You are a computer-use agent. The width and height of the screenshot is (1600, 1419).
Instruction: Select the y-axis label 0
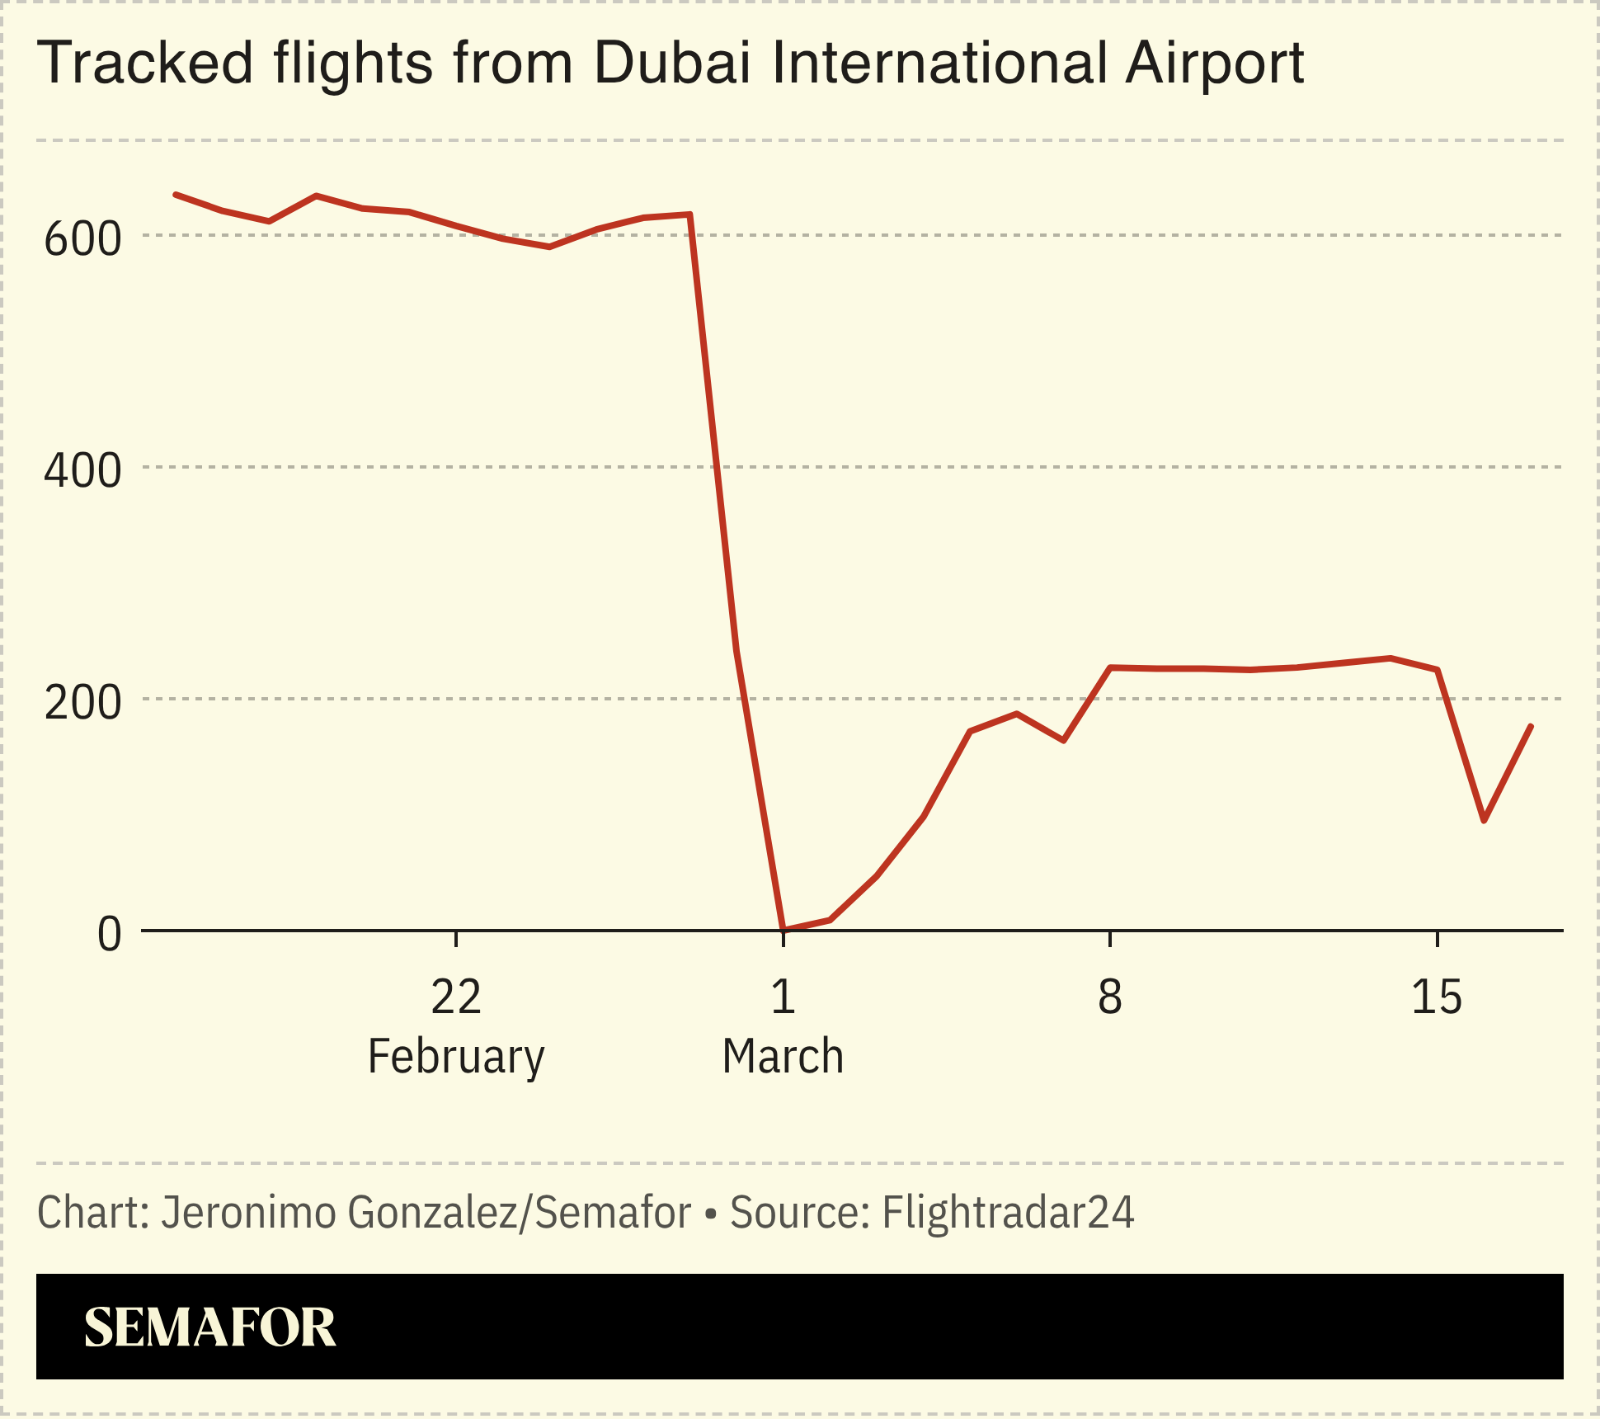(109, 936)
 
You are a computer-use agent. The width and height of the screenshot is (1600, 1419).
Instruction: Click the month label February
(455, 1056)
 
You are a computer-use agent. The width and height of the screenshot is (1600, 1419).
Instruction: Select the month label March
(783, 1056)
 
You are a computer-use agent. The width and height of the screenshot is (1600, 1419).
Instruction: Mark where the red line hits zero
(783, 930)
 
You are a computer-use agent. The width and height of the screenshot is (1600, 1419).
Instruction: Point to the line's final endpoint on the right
(1531, 726)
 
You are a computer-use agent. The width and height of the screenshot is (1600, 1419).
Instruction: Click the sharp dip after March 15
(1484, 821)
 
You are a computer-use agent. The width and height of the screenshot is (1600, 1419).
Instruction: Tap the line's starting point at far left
(175, 195)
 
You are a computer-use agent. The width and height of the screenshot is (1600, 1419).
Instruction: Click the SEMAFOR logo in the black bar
(209, 1327)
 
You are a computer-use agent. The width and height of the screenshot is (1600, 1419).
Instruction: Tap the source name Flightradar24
(1008, 1212)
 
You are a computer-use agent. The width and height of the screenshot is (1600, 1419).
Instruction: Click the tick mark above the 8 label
(1110, 939)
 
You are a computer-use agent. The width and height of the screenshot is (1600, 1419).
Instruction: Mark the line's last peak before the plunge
(689, 214)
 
